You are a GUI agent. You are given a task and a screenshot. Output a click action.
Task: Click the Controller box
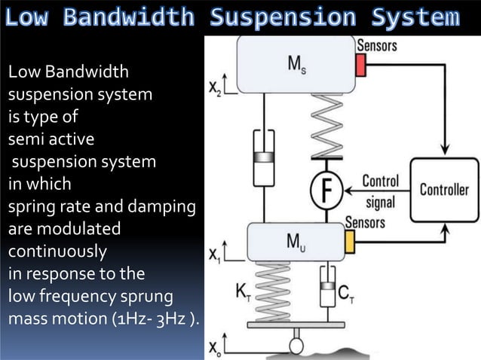pyautogui.click(x=444, y=190)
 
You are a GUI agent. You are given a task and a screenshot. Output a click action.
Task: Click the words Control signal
pyautogui.click(x=380, y=188)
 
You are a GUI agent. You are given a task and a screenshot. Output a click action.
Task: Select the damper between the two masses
pyautogui.click(x=263, y=160)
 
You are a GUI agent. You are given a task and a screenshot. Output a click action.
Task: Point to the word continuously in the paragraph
pyautogui.click(x=57, y=250)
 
